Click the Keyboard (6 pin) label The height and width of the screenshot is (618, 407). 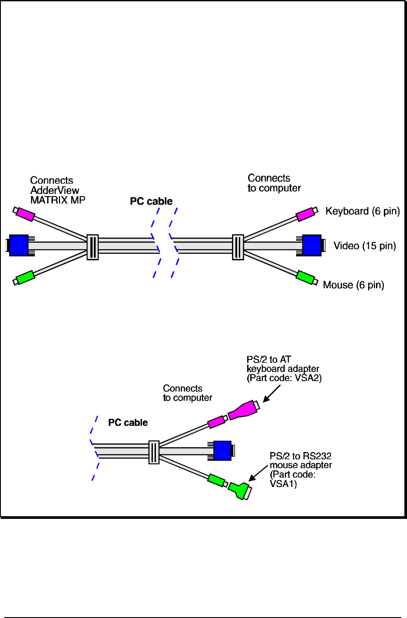362,211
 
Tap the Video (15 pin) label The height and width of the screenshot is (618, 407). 365,246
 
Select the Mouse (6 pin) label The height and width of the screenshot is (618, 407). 353,285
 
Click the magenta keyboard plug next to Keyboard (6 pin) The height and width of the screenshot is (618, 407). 305,214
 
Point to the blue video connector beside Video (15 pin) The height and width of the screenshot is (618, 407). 312,245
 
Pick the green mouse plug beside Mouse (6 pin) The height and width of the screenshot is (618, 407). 305,277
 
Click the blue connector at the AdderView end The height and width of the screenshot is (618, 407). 19,245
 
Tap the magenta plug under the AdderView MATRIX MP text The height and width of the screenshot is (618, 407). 25,214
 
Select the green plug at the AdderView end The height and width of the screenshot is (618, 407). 25,277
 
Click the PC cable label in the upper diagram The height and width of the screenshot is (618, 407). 151,201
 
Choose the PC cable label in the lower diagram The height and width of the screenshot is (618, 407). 128,423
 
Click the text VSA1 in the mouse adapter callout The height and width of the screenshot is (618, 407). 283,484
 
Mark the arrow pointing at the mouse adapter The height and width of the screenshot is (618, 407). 258,473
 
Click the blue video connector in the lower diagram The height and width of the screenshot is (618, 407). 222,451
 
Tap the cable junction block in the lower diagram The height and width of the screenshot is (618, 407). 154,452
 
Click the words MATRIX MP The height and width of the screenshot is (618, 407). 58,200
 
